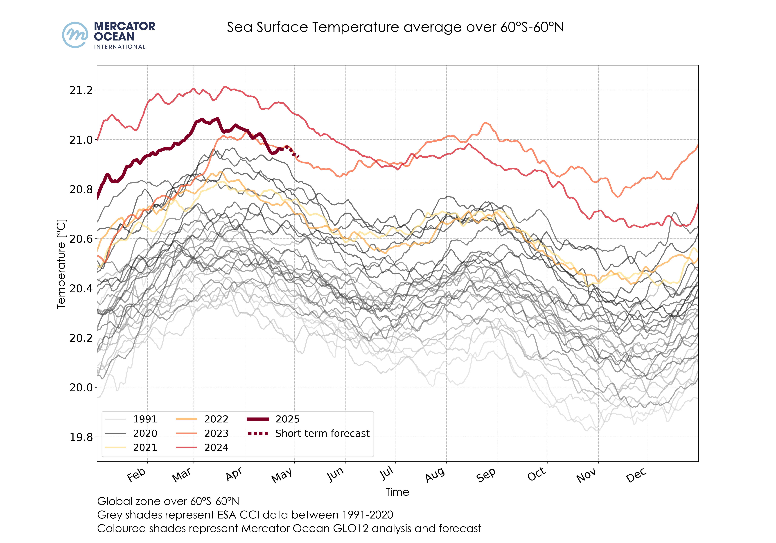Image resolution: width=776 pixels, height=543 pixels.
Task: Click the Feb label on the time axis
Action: point(136,475)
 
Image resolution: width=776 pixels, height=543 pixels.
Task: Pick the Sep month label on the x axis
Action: point(486,475)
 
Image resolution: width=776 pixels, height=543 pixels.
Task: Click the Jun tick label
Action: point(335,475)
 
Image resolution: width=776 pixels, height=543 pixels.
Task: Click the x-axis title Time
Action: point(397,492)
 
